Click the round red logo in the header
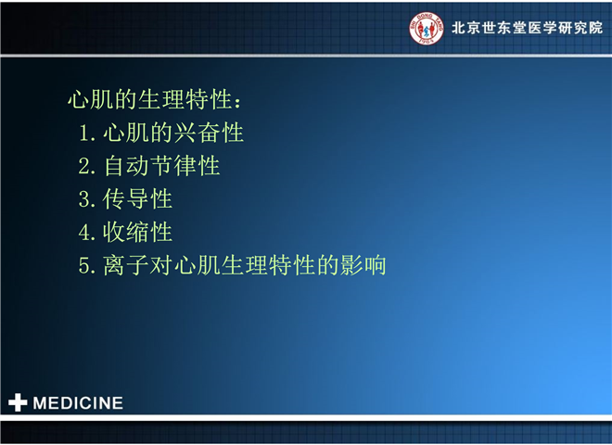point(427,28)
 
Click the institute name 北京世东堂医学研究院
point(527,28)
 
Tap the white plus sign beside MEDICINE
point(18,402)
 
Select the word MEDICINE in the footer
point(78,403)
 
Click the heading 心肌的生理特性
point(150,99)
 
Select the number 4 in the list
point(85,233)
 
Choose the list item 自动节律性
point(161,166)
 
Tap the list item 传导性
point(137,198)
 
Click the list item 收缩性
point(137,232)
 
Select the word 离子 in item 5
point(126,265)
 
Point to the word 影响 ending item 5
point(363,265)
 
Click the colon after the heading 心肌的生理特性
point(237,102)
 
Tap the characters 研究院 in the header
point(580,28)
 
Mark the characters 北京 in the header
point(466,28)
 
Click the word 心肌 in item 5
point(198,265)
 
